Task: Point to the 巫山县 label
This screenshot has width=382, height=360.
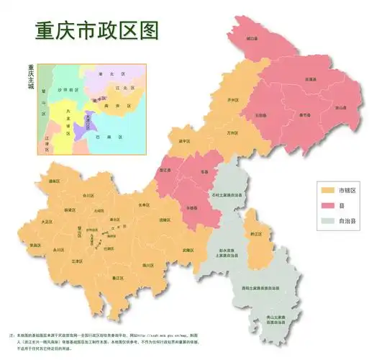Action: pos(338,109)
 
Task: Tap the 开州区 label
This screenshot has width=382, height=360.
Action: pos(232,100)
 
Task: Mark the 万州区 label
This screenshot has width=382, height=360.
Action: pos(231,133)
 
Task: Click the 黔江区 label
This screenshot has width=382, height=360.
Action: pos(255,234)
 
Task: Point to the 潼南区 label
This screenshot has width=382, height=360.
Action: pos(54,182)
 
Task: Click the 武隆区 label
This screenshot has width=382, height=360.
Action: pos(188,249)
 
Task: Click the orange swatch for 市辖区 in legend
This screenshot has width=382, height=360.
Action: pos(327,191)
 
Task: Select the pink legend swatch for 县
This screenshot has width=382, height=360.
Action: pos(327,206)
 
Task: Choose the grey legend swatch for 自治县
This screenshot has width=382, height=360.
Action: pos(327,221)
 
